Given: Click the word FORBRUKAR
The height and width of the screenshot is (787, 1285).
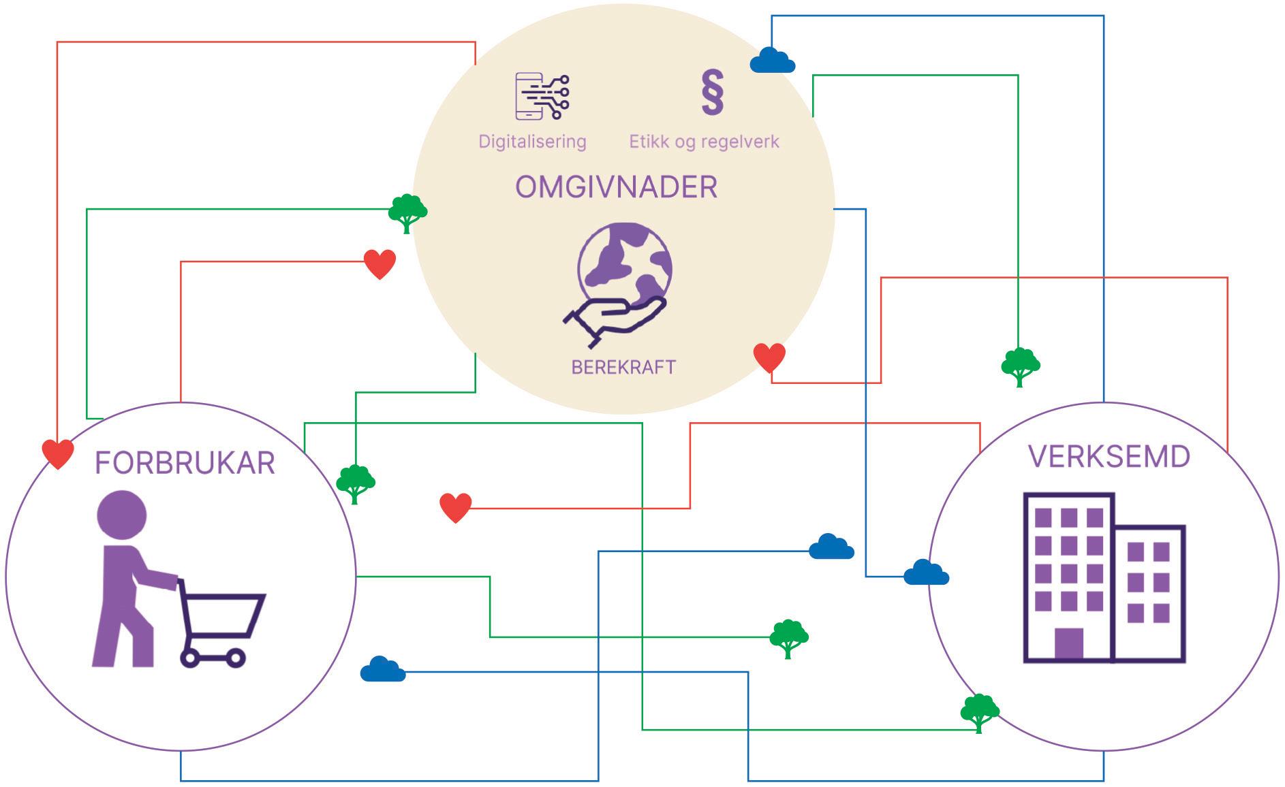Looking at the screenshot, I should click(185, 464).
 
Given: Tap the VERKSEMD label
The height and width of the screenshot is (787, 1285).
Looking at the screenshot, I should click(1109, 457).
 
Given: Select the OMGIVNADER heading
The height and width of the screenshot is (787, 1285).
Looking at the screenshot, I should click(616, 187).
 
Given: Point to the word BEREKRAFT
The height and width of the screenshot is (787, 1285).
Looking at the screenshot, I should click(623, 368).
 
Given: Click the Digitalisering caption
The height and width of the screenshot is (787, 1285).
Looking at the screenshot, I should click(532, 142).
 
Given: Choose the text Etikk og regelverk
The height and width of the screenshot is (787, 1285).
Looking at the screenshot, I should click(704, 142).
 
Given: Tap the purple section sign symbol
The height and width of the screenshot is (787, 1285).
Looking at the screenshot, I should click(712, 92).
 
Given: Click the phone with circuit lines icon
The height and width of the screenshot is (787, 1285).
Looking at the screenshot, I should click(542, 96).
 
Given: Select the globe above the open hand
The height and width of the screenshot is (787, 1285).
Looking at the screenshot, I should click(624, 263).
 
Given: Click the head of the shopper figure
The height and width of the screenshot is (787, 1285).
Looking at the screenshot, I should click(122, 515).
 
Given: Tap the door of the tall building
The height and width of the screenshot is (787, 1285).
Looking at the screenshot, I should click(1068, 644).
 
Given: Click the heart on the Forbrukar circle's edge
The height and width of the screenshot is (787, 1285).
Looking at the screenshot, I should click(58, 453).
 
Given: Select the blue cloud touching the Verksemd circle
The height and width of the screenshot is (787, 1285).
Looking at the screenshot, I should click(926, 573).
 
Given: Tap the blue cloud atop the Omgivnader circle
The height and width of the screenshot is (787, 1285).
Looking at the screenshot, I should click(772, 61).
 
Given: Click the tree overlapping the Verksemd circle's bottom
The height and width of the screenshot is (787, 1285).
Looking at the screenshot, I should click(979, 712).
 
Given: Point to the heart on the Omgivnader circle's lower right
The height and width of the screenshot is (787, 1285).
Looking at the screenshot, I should click(769, 357).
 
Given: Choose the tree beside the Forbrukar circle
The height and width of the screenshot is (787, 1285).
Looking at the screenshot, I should click(355, 483).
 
